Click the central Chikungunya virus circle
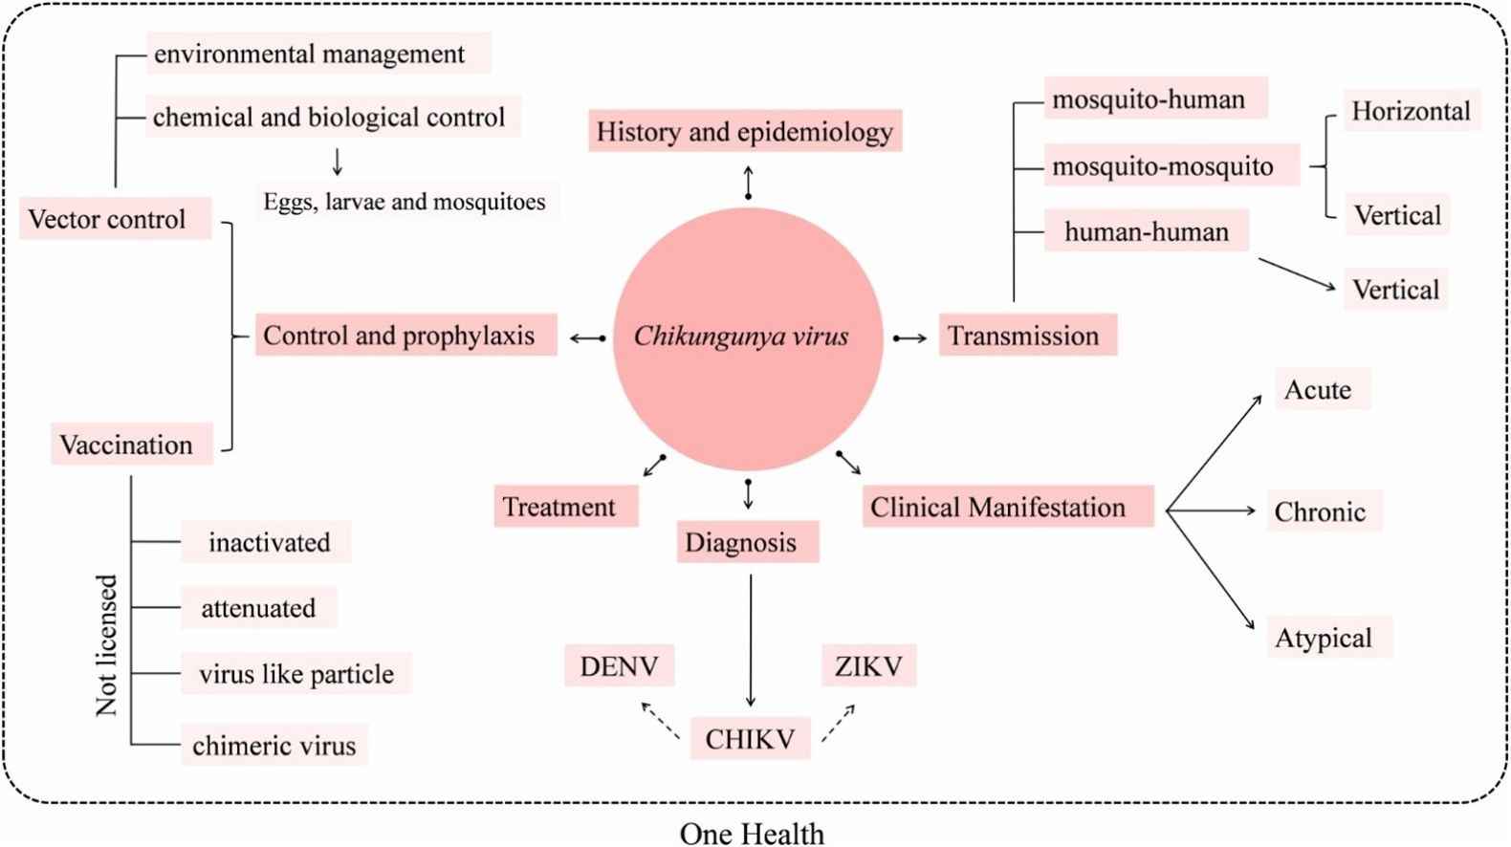point(747,337)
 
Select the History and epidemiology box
point(745,131)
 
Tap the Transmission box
point(1027,336)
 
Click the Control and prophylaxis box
point(405,336)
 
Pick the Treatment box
point(566,507)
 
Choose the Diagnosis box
point(748,542)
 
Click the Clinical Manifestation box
point(1007,507)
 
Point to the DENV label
point(619,666)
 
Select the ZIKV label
point(868,666)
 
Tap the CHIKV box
point(751,739)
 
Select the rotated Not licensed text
point(106,645)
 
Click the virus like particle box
point(296,674)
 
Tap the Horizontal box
point(1411,112)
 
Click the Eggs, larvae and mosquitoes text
point(405,202)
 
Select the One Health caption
point(752,834)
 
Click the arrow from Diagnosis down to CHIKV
point(751,641)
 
